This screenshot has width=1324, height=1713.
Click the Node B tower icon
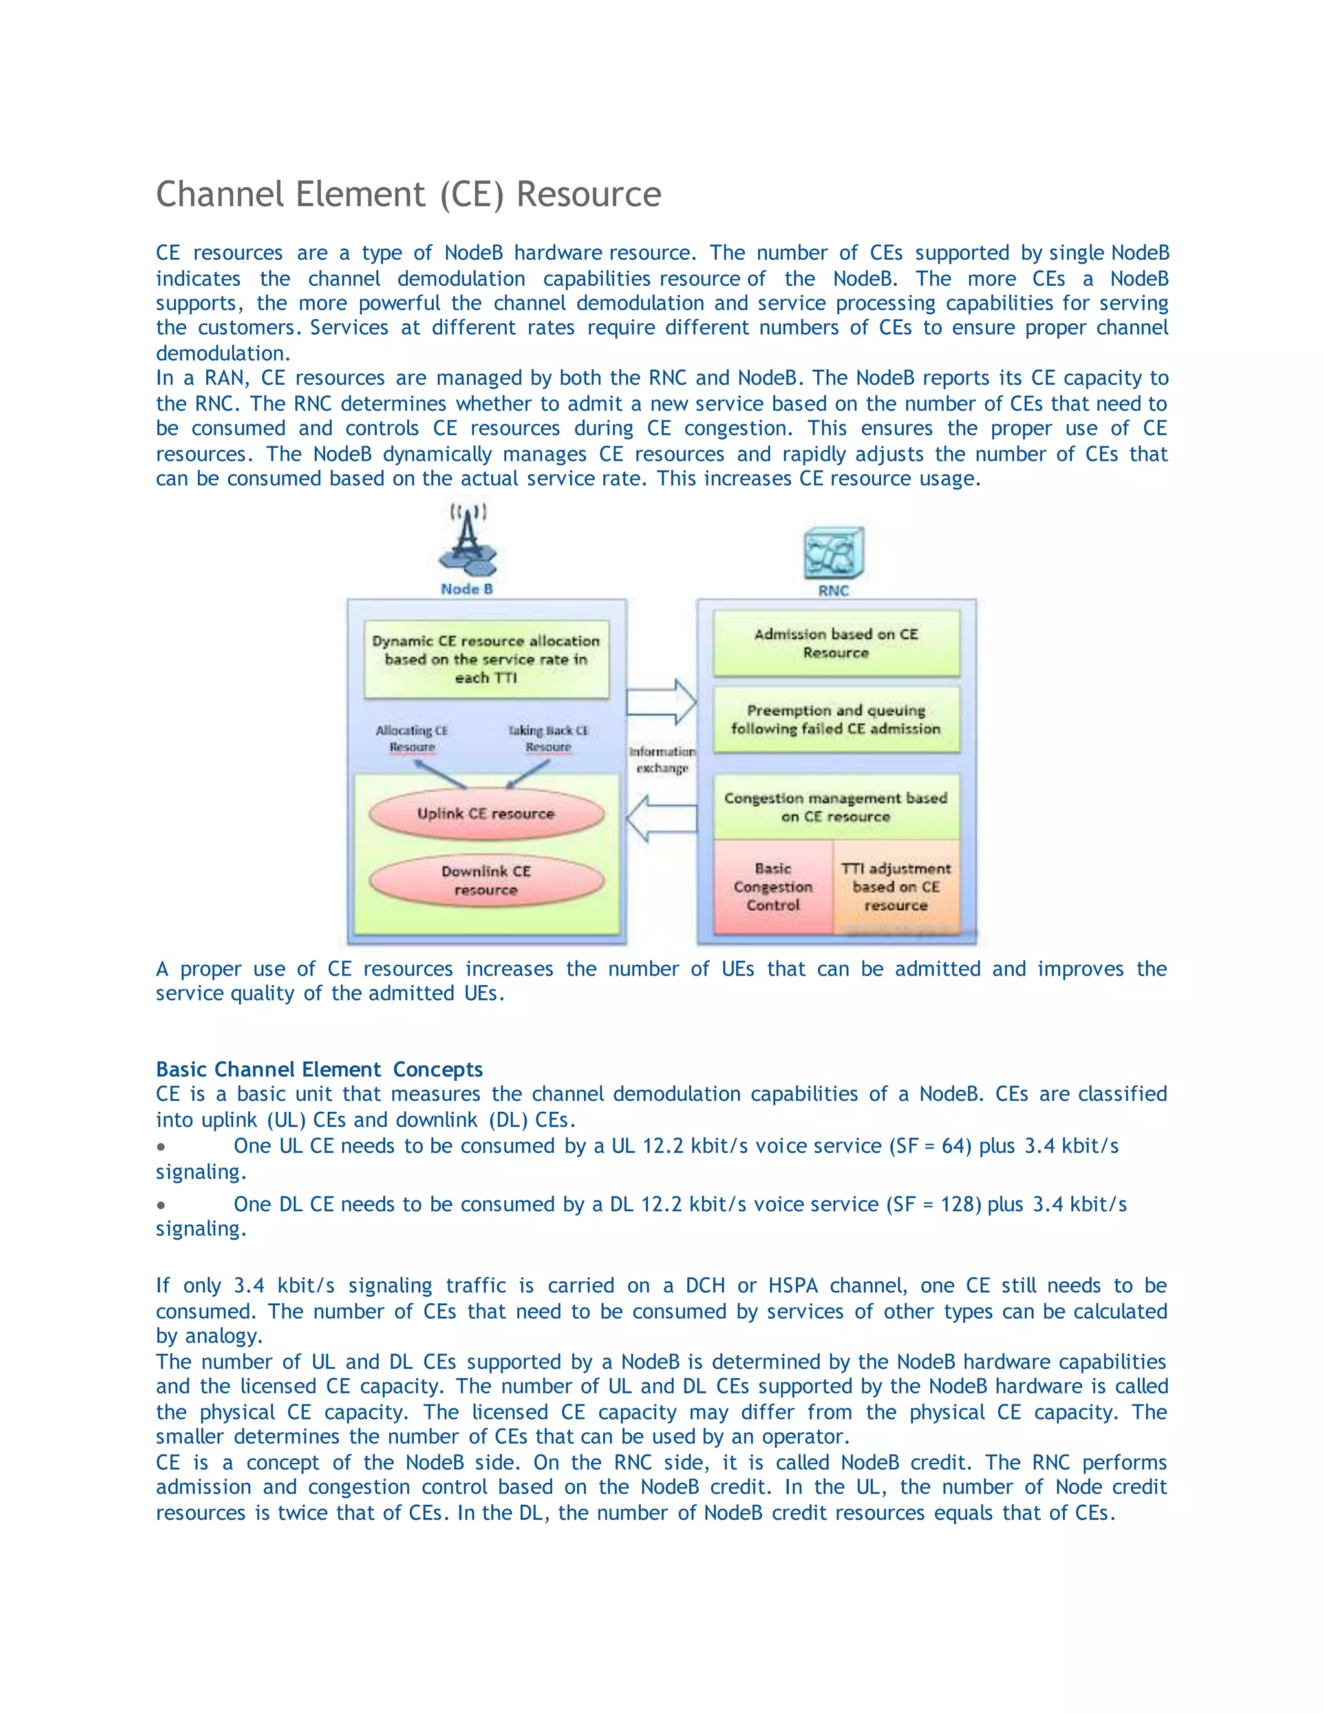467,542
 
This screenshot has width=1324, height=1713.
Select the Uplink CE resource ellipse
486,813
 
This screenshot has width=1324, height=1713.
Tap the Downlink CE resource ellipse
486,880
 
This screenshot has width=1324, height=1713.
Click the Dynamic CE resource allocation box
486,659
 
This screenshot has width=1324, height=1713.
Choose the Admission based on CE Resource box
836,643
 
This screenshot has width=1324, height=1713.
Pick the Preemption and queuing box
836,719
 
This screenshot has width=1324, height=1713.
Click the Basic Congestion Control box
773,887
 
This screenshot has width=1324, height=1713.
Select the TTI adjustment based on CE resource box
897,887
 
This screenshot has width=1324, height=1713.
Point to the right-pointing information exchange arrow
662,701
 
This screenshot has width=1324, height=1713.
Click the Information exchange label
662,760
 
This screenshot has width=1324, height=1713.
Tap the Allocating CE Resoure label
412,739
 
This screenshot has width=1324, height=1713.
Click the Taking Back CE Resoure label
548,739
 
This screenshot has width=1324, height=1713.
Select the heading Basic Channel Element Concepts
319,1069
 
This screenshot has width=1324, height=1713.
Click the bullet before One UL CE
161,1147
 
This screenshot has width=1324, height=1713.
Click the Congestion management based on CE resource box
836,807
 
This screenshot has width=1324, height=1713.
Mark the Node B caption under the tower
467,589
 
